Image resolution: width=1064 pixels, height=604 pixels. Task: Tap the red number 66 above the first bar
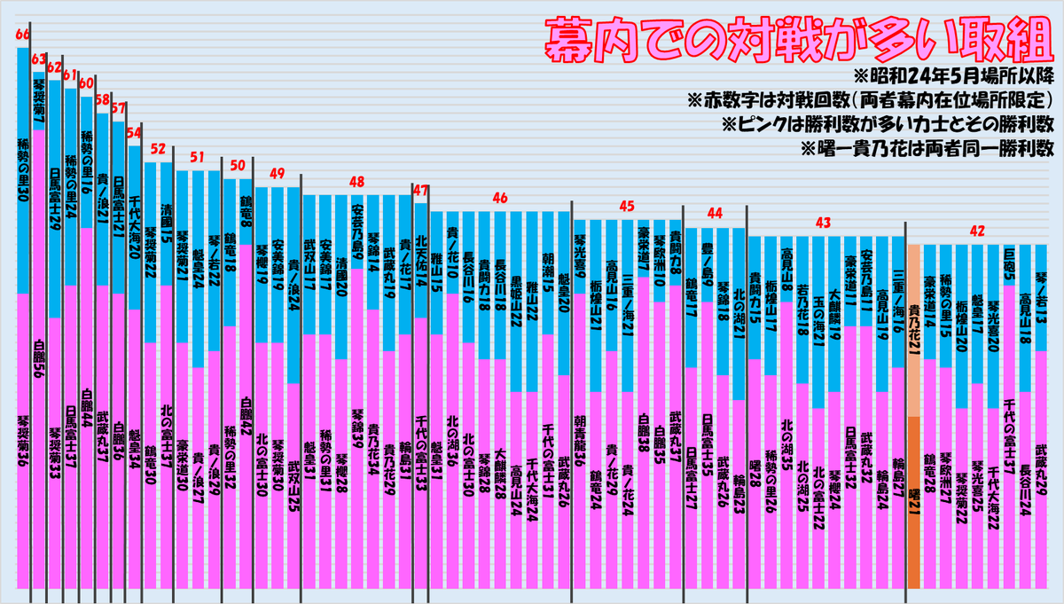(x=22, y=35)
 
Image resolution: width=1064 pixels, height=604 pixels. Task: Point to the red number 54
(x=134, y=133)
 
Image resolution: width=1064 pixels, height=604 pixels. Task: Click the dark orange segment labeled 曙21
(x=914, y=500)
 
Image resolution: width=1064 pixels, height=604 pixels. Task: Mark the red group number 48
(x=356, y=181)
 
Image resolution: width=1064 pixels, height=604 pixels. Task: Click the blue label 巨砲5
(x=1009, y=266)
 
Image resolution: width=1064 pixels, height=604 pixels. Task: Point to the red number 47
(x=421, y=190)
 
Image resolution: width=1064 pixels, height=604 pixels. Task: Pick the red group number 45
(x=627, y=206)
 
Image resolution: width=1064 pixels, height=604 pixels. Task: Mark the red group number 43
(x=824, y=221)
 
